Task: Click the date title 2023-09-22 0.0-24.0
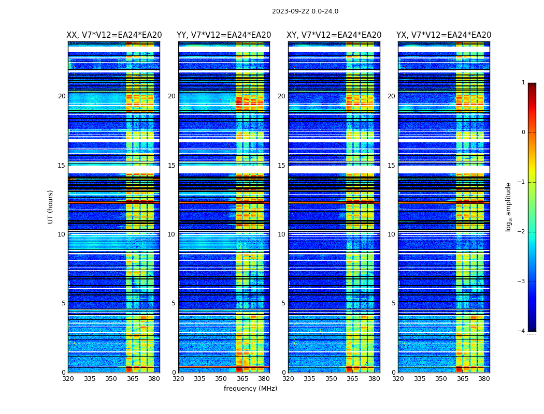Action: point(305,11)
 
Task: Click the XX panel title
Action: point(114,35)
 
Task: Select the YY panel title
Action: point(224,35)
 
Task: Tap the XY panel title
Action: point(334,35)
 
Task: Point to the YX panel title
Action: point(444,35)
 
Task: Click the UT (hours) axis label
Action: point(51,206)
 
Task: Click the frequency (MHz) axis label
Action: point(250,389)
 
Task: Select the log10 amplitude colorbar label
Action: point(509,206)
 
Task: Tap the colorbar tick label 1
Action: point(523,83)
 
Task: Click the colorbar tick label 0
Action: point(523,132)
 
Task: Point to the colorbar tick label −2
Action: point(522,232)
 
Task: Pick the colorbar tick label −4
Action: point(522,331)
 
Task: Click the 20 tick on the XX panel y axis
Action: point(62,96)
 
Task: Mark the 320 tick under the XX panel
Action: point(68,379)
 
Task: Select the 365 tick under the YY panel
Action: point(242,379)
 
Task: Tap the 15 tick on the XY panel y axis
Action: point(281,166)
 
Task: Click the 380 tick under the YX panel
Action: point(484,379)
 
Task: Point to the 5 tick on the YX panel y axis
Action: point(393,303)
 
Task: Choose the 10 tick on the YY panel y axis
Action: point(171,234)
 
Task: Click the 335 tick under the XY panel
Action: point(309,379)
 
